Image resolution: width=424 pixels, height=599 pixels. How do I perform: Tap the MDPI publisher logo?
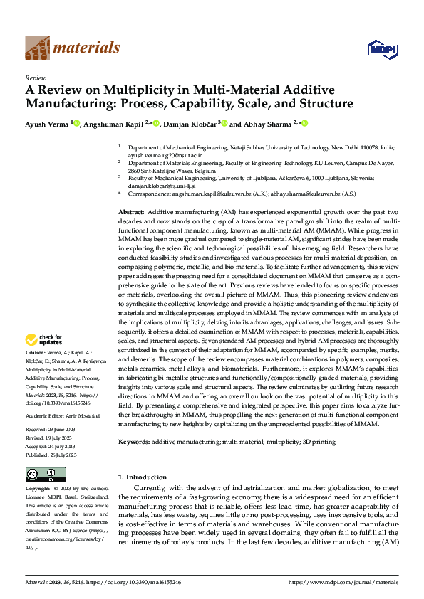[x=378, y=48]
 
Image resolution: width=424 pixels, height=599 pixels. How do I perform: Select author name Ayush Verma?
[x=48, y=124]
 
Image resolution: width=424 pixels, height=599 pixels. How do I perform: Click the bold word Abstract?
[x=131, y=213]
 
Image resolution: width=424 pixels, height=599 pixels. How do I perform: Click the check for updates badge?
[x=45, y=339]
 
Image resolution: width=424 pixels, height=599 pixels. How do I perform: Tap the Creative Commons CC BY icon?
[x=45, y=474]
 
